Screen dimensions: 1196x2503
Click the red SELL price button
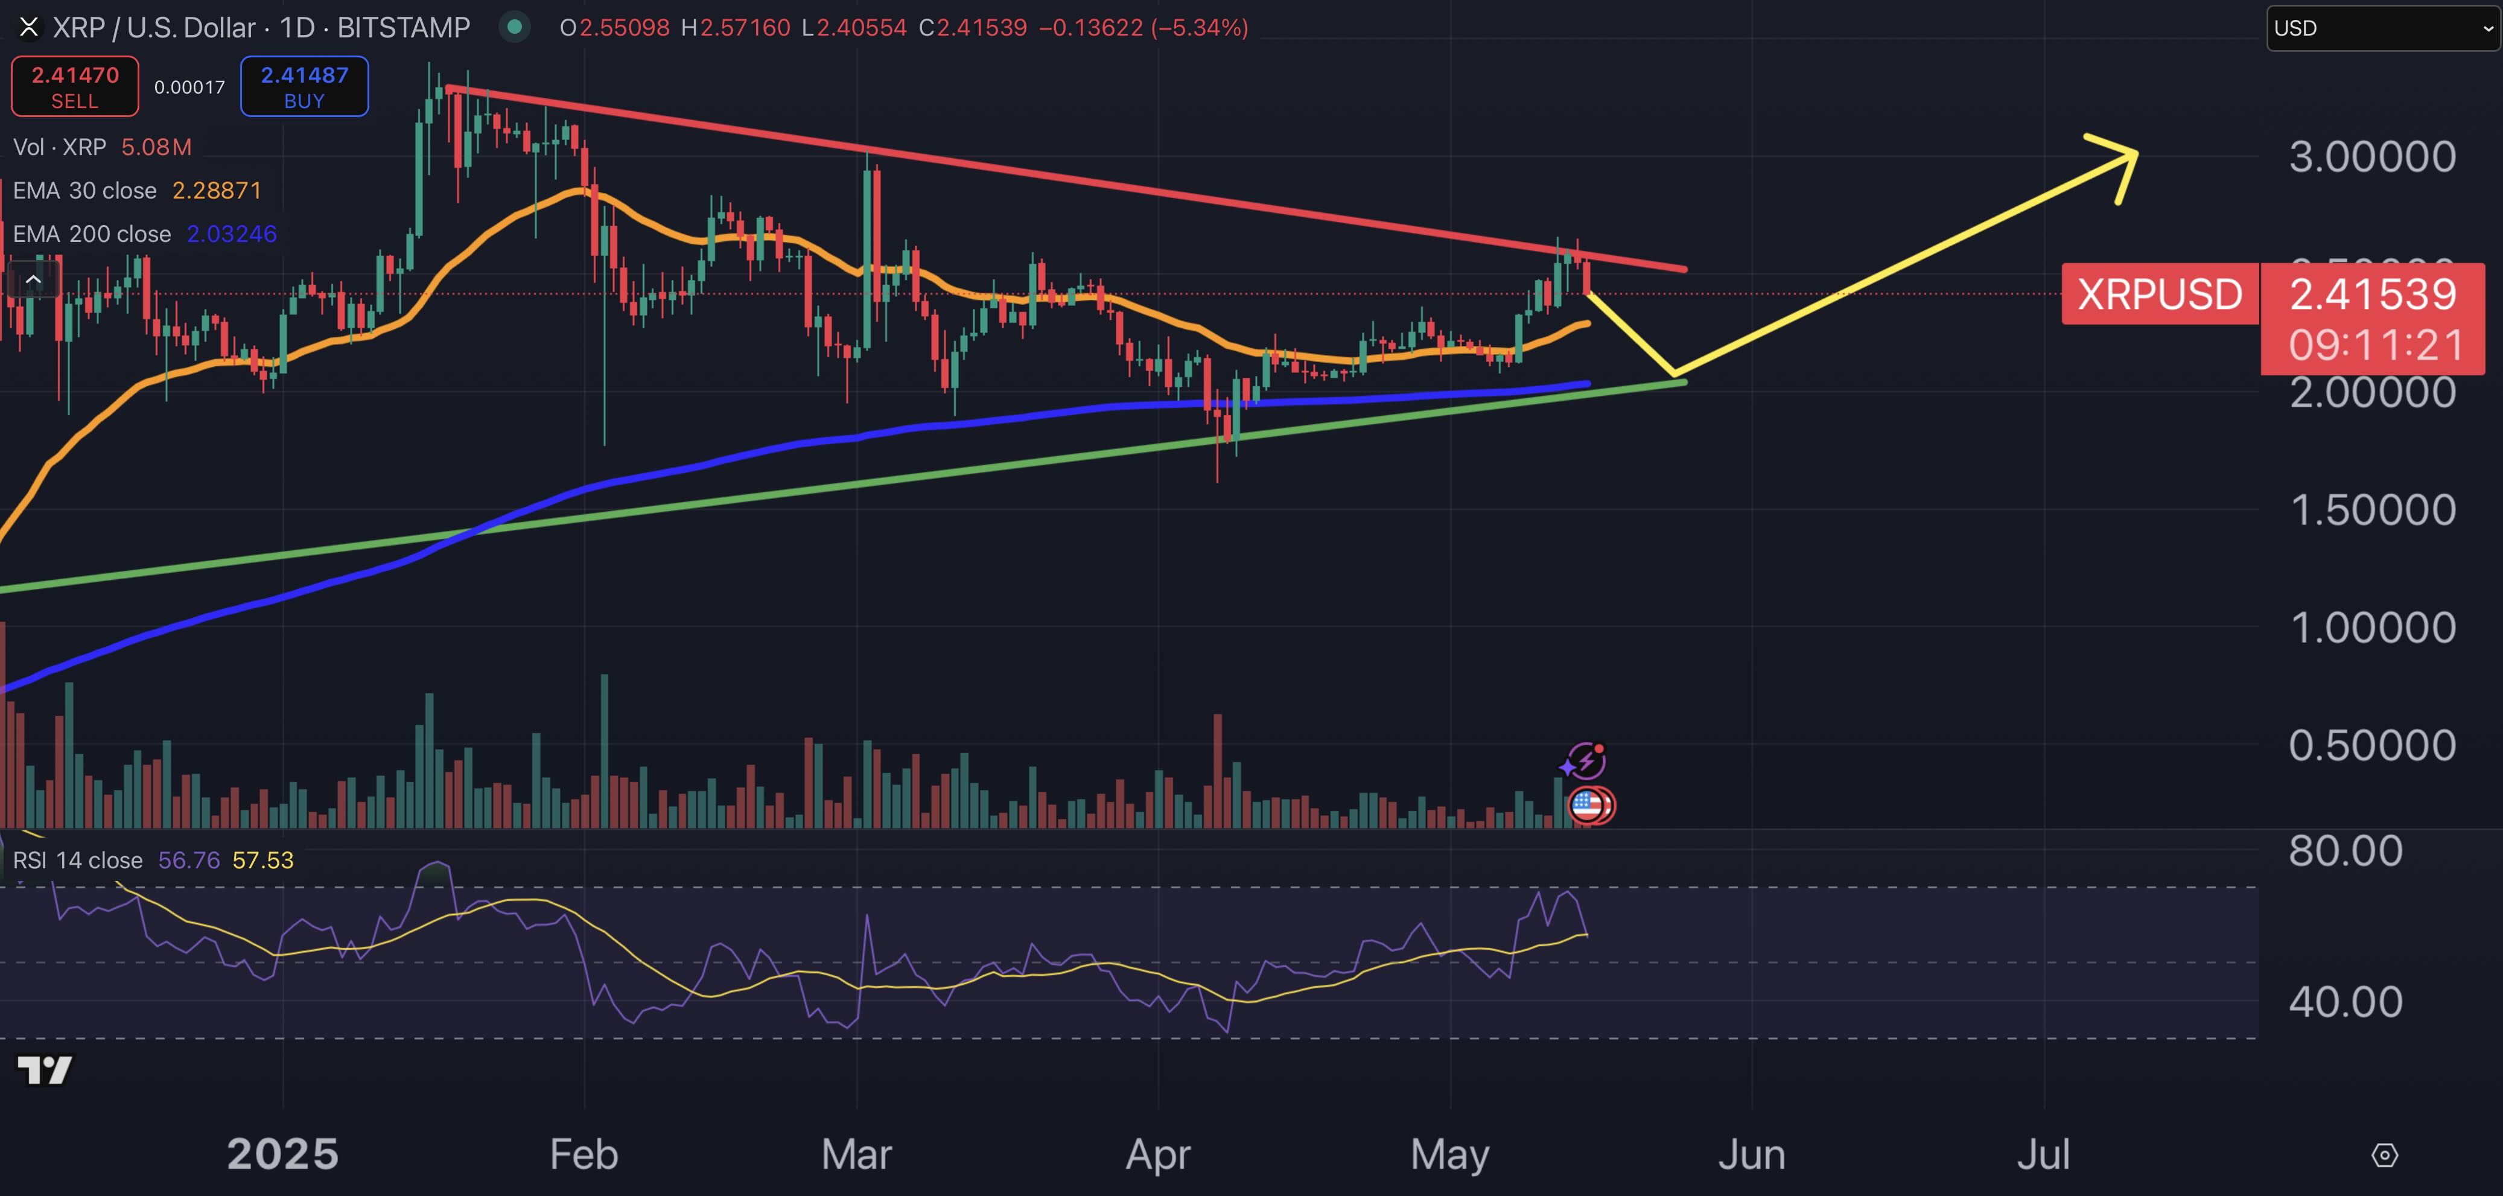tap(75, 86)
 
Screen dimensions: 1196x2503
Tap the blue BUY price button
tap(304, 86)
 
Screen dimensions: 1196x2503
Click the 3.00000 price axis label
tap(2372, 156)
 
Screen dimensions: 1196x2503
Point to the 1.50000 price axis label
tap(2372, 510)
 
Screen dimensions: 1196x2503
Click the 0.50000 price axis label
tap(2372, 745)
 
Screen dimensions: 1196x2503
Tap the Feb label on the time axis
tap(584, 1154)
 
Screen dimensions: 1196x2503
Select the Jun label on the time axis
tap(1751, 1154)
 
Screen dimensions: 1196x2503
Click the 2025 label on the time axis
tap(283, 1154)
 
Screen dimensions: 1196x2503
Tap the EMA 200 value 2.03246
tap(231, 234)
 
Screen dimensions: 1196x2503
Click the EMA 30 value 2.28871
tap(217, 191)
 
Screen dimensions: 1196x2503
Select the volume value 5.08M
tap(156, 147)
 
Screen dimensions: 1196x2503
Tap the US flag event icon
tap(1588, 806)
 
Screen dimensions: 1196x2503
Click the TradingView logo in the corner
tap(45, 1070)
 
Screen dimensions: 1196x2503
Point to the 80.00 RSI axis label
tap(2345, 851)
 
